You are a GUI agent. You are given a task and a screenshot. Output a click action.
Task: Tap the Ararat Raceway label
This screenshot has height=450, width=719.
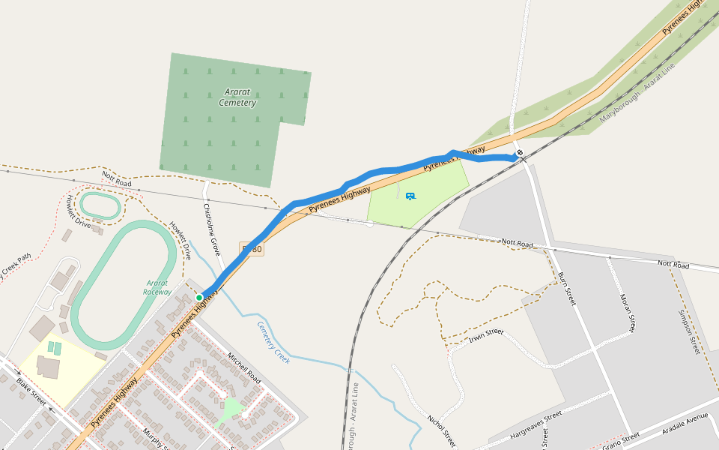pyautogui.click(x=157, y=288)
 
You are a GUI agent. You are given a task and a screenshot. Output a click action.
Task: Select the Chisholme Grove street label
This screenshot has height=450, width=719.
pyautogui.click(x=211, y=229)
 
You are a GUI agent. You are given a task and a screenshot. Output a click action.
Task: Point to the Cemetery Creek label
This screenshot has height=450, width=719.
pyautogui.click(x=273, y=343)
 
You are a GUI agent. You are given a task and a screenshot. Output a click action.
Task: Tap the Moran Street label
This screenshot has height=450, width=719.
pyautogui.click(x=627, y=313)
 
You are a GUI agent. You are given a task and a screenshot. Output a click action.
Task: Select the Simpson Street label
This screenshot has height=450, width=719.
pyautogui.click(x=688, y=331)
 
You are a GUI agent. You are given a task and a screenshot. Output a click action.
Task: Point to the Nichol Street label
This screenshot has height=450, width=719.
pyautogui.click(x=441, y=430)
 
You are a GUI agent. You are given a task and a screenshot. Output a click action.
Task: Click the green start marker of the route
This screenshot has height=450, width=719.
pyautogui.click(x=199, y=298)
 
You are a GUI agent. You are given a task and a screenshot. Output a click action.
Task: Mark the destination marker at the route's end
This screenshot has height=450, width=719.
pyautogui.click(x=520, y=153)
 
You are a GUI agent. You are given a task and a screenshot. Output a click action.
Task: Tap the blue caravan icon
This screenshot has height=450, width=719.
pyautogui.click(x=410, y=196)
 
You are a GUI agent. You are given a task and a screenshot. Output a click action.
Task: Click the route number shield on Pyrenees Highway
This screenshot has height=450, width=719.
pyautogui.click(x=252, y=248)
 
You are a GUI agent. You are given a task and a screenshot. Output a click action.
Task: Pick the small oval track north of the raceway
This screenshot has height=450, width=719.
pyautogui.click(x=100, y=205)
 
